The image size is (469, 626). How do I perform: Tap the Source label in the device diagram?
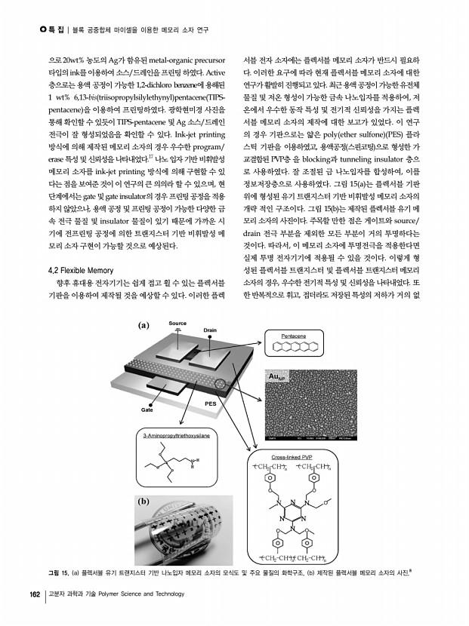[x=177, y=324]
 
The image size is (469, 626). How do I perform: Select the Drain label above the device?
[x=211, y=330]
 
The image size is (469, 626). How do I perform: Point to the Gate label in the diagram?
[x=145, y=409]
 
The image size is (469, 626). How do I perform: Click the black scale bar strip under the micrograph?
[x=298, y=435]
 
